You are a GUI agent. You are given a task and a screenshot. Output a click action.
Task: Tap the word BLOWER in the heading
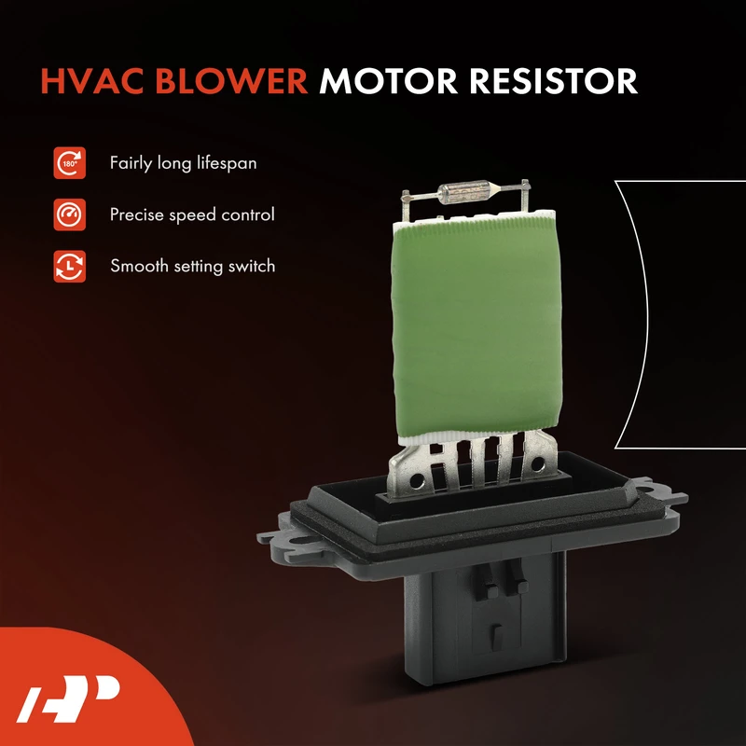[x=231, y=81]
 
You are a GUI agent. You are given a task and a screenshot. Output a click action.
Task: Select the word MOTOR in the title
[x=388, y=81]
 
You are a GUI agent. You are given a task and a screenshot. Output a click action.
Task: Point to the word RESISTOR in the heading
[x=553, y=81]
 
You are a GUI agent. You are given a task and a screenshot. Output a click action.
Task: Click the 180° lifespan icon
[x=69, y=163]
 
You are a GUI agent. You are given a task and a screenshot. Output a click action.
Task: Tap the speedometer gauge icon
[x=69, y=214]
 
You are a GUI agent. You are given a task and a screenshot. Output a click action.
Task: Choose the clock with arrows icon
[x=69, y=267]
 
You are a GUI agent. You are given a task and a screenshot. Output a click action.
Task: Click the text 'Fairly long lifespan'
[x=183, y=163]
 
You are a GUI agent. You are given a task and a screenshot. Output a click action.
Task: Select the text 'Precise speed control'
[x=192, y=214]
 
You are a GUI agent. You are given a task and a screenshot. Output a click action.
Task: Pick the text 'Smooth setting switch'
[x=193, y=266]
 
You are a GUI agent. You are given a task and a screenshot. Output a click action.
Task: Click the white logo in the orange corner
[x=67, y=698]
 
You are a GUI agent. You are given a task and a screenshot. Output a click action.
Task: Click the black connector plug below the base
[x=485, y=618]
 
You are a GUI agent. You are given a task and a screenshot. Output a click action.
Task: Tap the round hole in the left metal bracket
[x=417, y=479]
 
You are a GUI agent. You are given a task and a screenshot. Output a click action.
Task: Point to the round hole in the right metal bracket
[x=538, y=463]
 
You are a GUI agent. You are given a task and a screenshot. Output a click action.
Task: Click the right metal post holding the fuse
[x=525, y=198]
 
